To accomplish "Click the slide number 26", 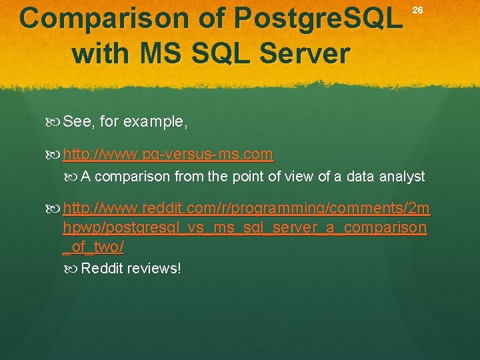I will (417, 10).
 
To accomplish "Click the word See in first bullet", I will (78, 122).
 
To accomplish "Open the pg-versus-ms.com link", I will (167, 155).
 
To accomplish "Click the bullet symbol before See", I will (54, 122).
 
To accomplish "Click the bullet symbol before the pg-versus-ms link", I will (54, 155).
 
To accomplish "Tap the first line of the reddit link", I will (247, 211).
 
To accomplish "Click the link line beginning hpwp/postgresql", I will (245, 228).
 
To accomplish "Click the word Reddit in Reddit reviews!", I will (102, 268).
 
